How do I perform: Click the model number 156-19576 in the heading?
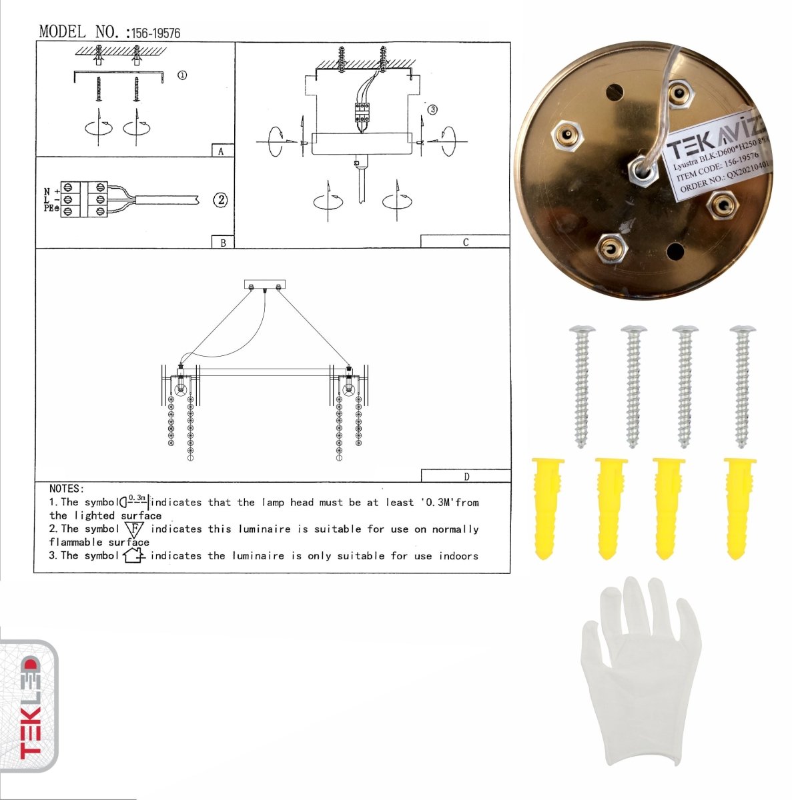(155, 33)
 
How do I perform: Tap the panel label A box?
(222, 151)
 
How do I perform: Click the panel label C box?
(465, 242)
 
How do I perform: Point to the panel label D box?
(466, 476)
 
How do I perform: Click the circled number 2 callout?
(221, 199)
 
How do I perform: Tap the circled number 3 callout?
(432, 109)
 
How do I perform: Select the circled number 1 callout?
(182, 75)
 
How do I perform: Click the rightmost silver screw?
(742, 385)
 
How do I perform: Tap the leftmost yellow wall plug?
(548, 507)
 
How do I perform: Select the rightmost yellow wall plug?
(739, 507)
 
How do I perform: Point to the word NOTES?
(66, 489)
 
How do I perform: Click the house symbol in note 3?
(134, 555)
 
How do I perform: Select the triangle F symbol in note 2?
(135, 530)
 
